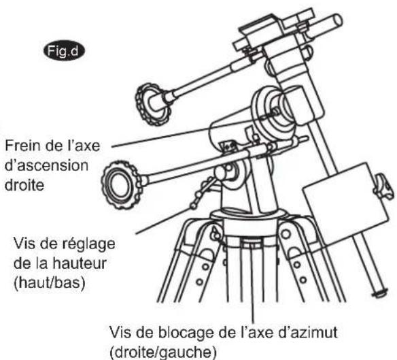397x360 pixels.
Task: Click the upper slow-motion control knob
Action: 152,103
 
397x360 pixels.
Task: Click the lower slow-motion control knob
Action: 115,180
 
